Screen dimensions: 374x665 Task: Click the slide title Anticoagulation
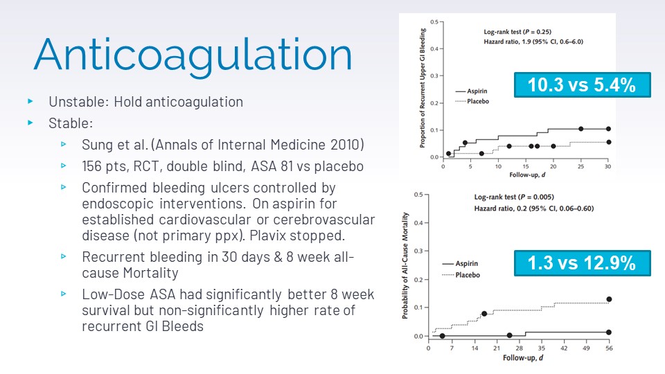193,55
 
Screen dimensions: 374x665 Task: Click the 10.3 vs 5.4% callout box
582,85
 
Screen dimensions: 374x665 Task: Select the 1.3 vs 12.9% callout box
582,262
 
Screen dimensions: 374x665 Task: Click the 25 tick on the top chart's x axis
580,167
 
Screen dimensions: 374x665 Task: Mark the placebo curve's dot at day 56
609,299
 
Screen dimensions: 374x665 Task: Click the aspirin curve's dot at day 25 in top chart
580,129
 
